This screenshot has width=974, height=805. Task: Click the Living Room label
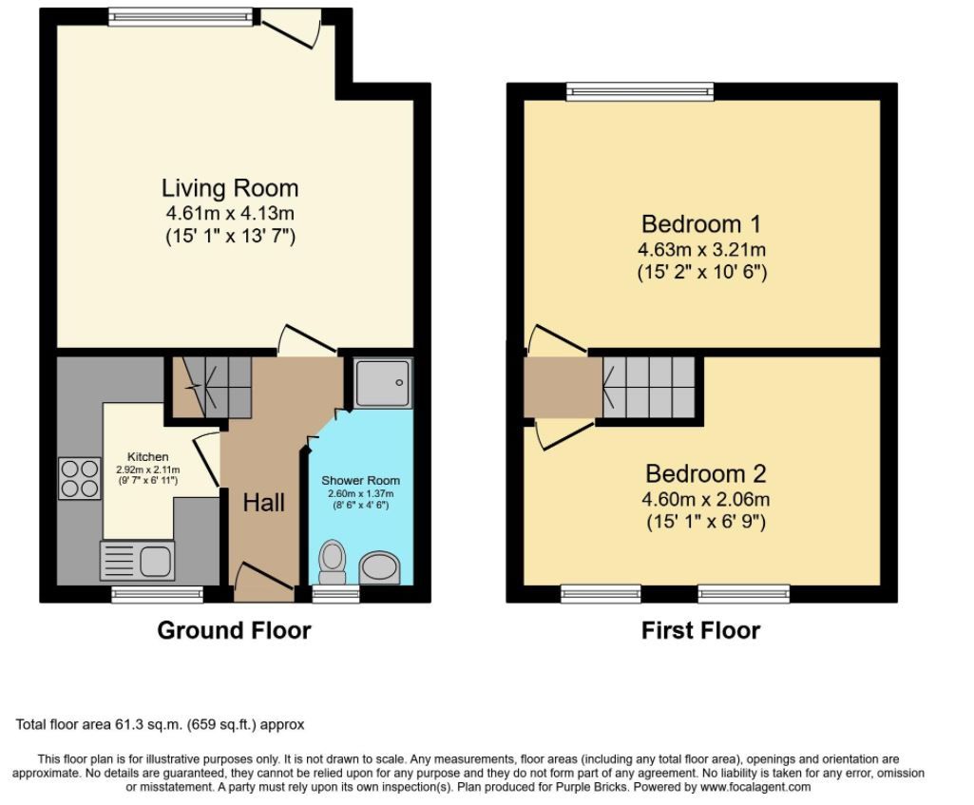point(230,187)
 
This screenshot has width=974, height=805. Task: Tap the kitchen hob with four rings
point(80,478)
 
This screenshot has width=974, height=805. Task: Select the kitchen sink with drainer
point(137,561)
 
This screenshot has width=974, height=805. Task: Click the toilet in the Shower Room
point(333,562)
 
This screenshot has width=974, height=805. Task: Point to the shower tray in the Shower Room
point(383,383)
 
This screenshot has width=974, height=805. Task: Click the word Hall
point(264,503)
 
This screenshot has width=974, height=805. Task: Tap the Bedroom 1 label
point(701,223)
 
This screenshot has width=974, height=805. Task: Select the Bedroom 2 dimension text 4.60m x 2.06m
point(706,499)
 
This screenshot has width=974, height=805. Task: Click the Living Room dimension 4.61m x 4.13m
point(230,214)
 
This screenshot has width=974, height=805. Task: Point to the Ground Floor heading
point(234,630)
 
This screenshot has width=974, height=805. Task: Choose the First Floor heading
point(700,630)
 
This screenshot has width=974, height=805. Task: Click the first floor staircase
point(648,387)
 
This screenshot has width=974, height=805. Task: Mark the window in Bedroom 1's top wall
point(640,92)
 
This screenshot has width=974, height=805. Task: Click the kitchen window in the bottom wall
point(157,594)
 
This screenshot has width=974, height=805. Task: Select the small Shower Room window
point(335,594)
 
